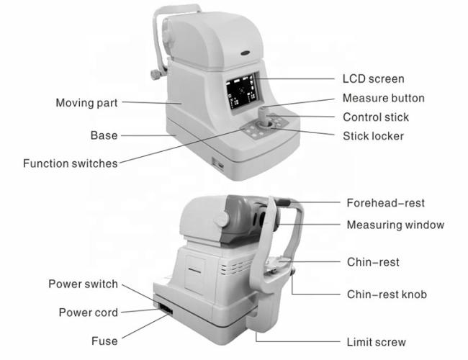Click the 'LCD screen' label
tap(373, 79)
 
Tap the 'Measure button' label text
tap(384, 98)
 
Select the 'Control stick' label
tap(376, 117)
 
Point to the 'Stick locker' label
tap(373, 136)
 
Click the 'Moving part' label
tap(86, 103)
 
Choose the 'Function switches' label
tap(71, 163)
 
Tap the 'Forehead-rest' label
tap(385, 203)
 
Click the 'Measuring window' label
tap(395, 225)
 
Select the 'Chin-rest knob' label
tap(387, 294)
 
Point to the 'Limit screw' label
tap(376, 342)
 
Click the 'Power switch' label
tap(84, 284)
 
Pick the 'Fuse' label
tap(104, 341)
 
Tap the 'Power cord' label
tap(89, 312)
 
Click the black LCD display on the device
tap(241, 92)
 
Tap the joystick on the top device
tap(264, 118)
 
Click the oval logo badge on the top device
tap(246, 53)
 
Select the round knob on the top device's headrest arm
tap(156, 74)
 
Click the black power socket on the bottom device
tap(166, 309)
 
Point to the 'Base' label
tap(104, 135)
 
